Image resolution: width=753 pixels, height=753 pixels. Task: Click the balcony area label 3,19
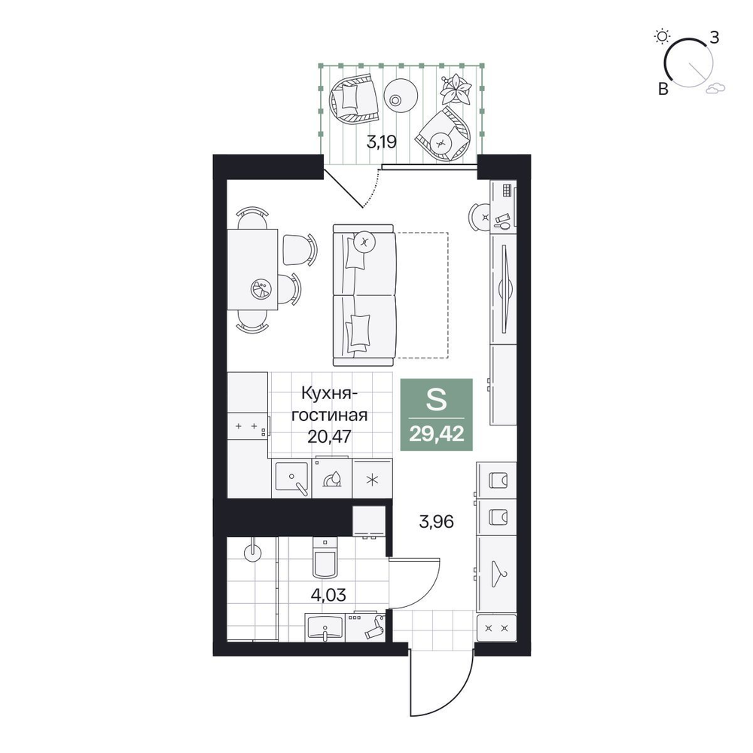click(381, 142)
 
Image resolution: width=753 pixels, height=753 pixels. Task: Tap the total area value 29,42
click(437, 434)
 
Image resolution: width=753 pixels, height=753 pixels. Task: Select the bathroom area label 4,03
click(328, 595)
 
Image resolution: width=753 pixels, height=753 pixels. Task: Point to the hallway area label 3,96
click(437, 521)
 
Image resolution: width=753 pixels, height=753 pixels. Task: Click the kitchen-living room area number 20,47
click(330, 436)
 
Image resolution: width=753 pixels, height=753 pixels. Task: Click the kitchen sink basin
click(291, 479)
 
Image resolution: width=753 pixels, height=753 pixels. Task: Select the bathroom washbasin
click(325, 627)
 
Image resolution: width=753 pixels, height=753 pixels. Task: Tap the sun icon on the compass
click(662, 36)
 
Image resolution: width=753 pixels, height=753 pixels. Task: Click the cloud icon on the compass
click(715, 87)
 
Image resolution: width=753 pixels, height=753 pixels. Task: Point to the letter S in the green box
click(436, 400)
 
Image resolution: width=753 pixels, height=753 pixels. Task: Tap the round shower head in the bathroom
click(252, 552)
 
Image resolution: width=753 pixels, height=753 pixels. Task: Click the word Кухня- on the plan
click(330, 394)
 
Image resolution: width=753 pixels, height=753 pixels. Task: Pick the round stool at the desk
click(479, 217)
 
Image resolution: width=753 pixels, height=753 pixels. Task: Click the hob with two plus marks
click(248, 426)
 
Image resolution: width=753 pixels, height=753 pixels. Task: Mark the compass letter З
click(715, 37)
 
